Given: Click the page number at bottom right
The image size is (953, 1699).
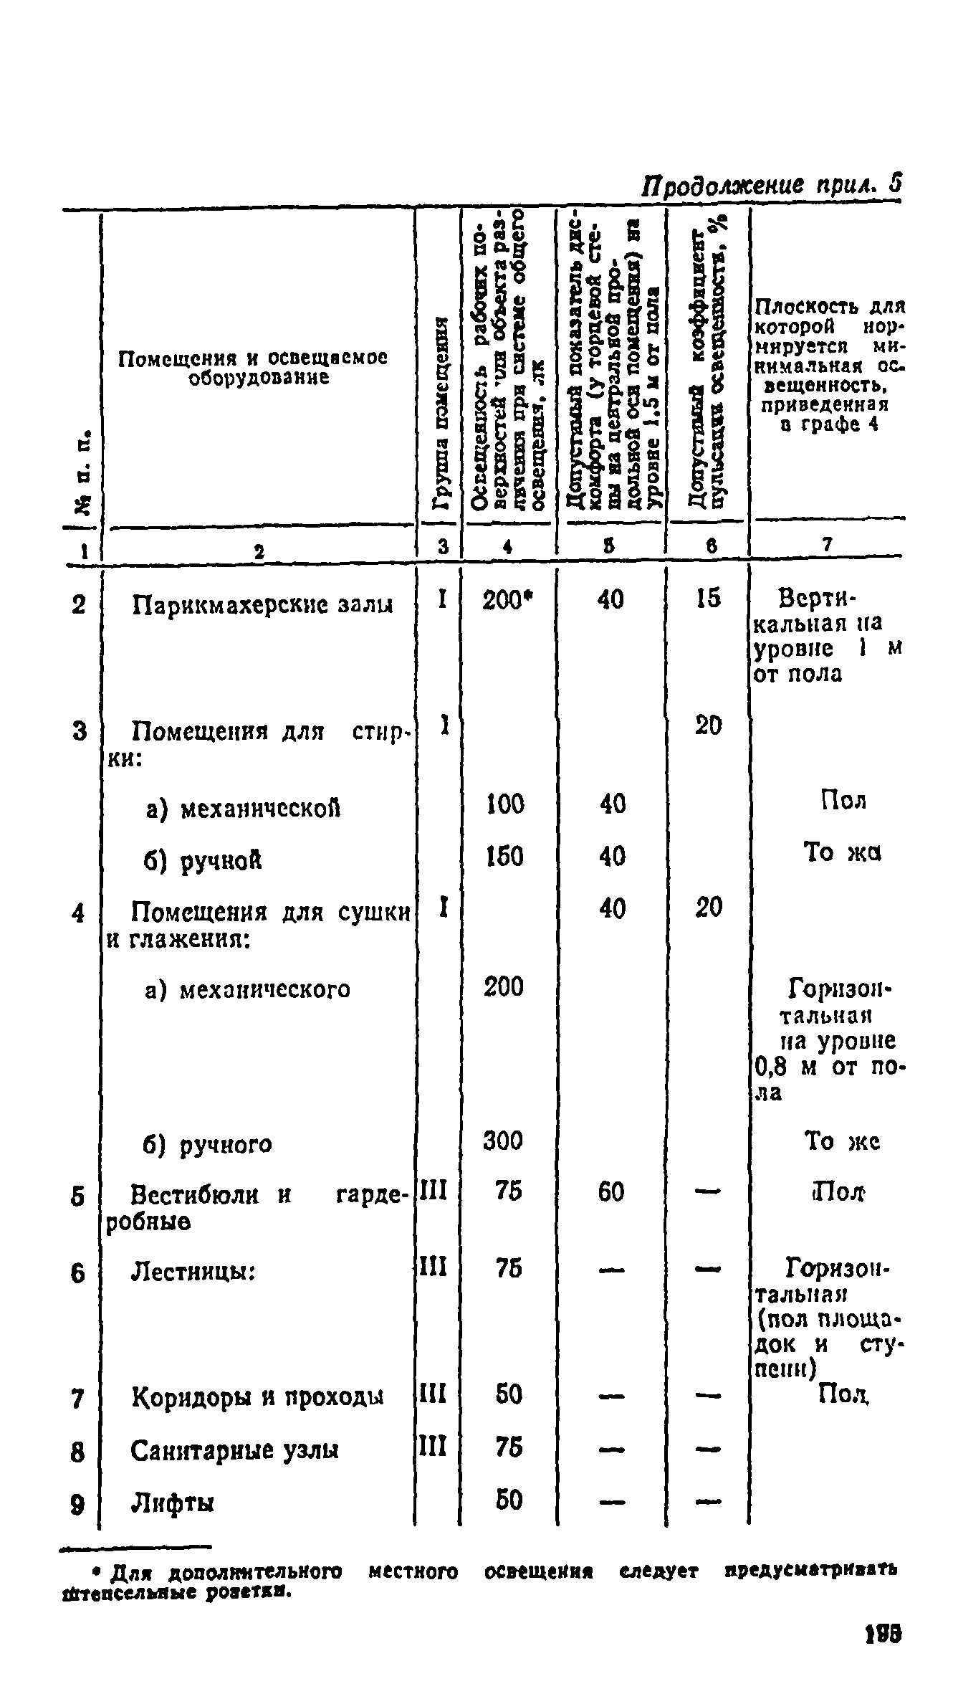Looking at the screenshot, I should tap(883, 1649).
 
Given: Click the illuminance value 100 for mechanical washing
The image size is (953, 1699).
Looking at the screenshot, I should tap(505, 804).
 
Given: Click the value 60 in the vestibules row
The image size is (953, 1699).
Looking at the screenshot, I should tap(611, 1192).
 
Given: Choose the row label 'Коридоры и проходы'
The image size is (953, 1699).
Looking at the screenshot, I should tap(258, 1396).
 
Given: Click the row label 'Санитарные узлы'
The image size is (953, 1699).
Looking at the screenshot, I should tap(235, 1450).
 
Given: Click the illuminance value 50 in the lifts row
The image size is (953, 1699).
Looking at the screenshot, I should tap(508, 1500).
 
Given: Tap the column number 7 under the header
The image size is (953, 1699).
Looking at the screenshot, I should tap(827, 545).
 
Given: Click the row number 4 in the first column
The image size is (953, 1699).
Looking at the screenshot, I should tap(79, 913).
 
